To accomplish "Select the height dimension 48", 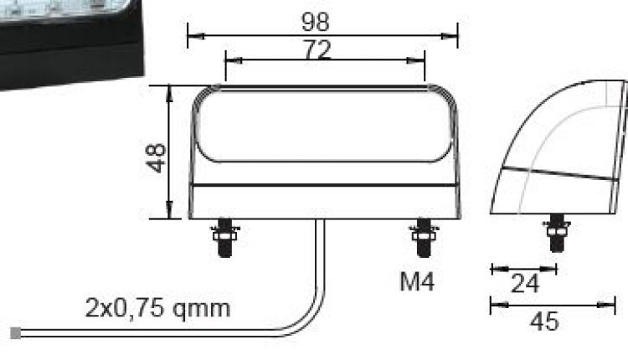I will tap(156, 157).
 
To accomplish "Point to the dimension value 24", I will tap(524, 285).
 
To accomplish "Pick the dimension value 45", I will tap(545, 321).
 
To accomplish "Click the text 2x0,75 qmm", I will tap(157, 308).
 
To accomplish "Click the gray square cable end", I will tap(15, 333).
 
